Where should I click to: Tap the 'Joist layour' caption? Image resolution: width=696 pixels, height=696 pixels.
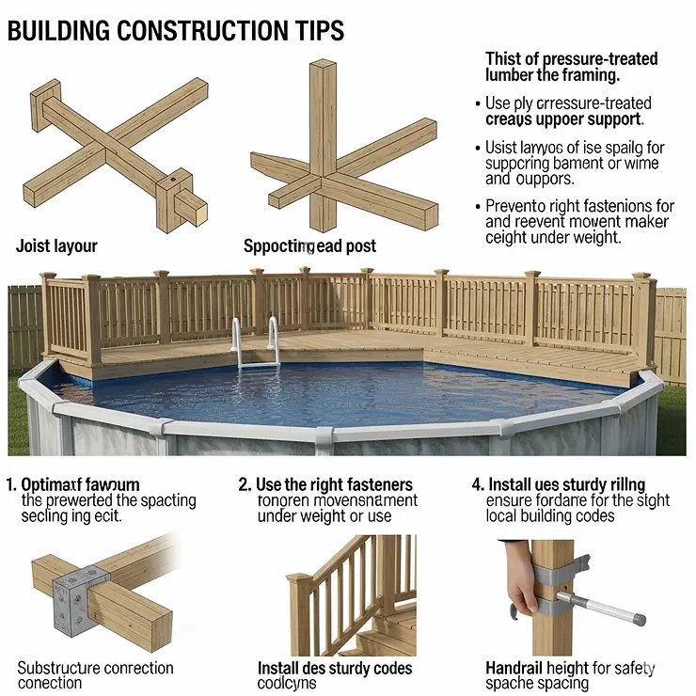56,246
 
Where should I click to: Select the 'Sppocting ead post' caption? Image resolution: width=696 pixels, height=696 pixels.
309,246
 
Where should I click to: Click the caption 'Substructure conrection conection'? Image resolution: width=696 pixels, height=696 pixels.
95,675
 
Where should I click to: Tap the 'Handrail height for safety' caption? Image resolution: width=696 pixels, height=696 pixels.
570,668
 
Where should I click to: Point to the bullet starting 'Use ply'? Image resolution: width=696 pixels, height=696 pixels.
568,111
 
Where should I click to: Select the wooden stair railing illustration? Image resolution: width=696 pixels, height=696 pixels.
348,593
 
